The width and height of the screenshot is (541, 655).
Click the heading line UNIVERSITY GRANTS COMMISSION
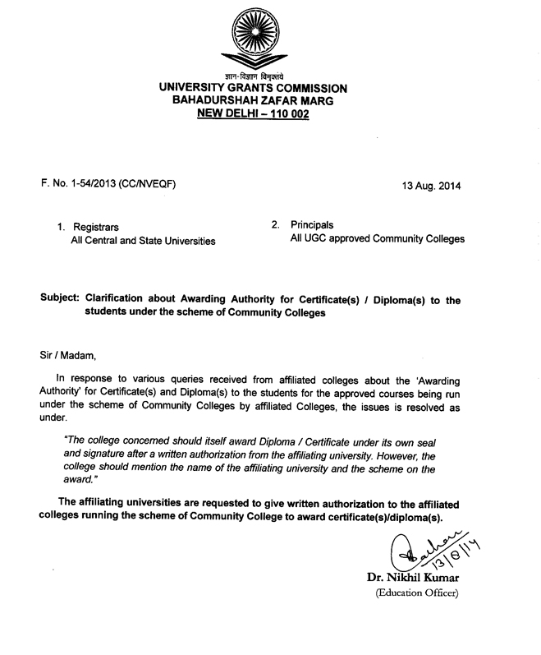(x=253, y=88)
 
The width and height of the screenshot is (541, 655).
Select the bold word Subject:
(x=57, y=301)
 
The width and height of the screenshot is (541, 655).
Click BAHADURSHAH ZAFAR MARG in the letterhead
(x=253, y=100)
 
